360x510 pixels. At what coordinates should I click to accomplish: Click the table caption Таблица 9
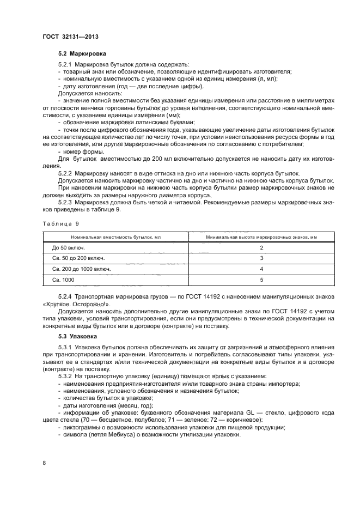(x=60, y=223)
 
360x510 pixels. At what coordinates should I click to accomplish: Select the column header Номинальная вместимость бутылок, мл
(x=116, y=236)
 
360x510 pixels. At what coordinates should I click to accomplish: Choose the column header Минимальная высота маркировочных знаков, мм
(x=261, y=236)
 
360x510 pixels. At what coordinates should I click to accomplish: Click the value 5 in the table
(x=261, y=280)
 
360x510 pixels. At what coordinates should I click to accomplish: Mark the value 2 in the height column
(x=261, y=248)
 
